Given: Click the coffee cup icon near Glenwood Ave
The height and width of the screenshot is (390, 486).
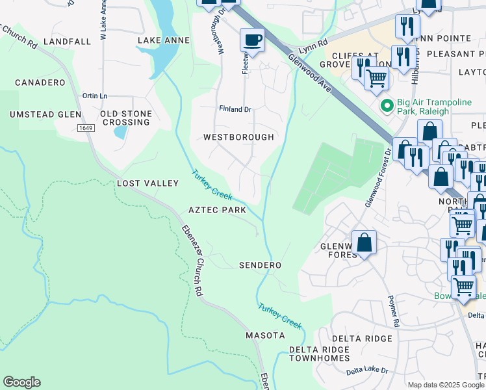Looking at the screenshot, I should pos(252,40).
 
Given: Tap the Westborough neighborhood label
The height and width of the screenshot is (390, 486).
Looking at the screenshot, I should pos(238,138).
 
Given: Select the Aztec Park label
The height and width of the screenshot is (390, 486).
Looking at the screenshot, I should pos(217,211).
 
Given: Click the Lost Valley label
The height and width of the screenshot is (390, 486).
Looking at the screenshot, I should pos(147,184).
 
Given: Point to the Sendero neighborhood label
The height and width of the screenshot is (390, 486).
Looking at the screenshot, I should pos(260,266).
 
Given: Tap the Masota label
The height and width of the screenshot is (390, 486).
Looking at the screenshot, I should pos(265,335).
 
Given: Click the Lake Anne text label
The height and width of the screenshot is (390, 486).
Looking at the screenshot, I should pos(164,41).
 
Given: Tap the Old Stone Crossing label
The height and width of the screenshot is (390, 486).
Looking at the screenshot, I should pos(126,118).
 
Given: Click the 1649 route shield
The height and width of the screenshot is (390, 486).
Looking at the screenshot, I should pos(85,128).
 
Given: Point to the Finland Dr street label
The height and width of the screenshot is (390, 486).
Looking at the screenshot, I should pos(235,109).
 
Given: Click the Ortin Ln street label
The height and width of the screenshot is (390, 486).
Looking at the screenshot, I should pos(94,96).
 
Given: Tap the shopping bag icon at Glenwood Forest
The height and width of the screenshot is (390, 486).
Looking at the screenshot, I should pos(364,242).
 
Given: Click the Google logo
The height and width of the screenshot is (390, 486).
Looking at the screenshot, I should pos(21,382).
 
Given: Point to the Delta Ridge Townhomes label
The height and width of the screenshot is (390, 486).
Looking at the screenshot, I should pos(319,354).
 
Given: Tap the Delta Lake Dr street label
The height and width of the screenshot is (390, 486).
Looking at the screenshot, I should pos(366,370).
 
